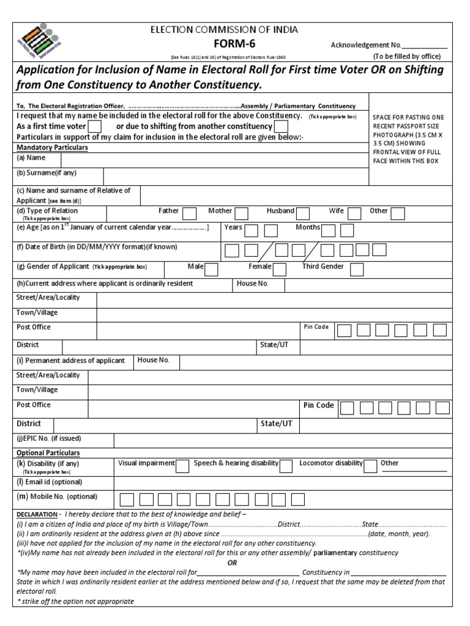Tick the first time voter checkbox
(95, 127)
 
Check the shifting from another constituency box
(281, 127)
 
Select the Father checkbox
(190, 213)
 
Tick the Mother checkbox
(242, 213)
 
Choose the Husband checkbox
(303, 213)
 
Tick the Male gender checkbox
(211, 269)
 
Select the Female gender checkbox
(280, 269)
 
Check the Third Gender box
(357, 269)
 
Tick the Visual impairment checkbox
(182, 466)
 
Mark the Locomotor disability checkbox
(370, 466)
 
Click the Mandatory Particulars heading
(52, 148)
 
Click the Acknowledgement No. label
(366, 45)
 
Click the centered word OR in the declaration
(232, 563)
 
